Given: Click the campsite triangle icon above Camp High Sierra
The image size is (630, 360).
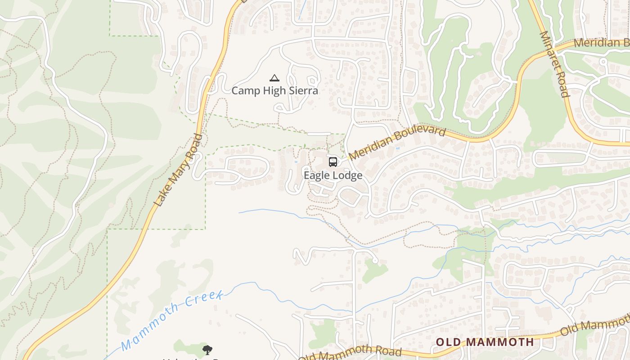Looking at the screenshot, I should point(274,78).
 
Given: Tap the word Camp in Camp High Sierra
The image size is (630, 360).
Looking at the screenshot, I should point(245,91).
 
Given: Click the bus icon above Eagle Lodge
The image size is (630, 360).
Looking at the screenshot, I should point(333,162).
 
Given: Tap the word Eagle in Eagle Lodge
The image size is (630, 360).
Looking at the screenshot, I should point(317,175).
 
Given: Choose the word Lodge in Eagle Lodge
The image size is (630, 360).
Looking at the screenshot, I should point(347,175).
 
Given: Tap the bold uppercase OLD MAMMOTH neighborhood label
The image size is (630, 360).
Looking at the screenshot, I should point(485,342).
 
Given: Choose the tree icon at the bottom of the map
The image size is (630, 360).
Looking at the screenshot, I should point(207,350).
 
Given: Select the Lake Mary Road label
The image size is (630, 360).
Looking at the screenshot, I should point(178,171).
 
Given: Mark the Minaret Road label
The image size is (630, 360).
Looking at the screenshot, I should point(555,64).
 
